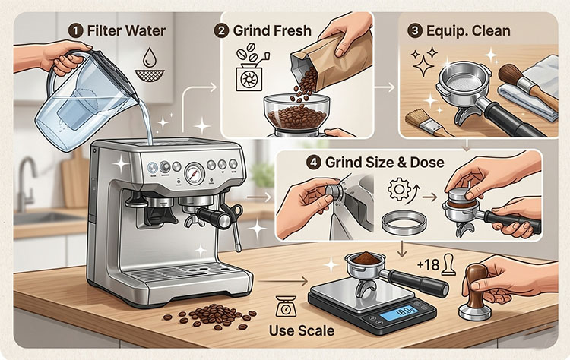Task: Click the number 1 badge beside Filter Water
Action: tap(76, 32)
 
